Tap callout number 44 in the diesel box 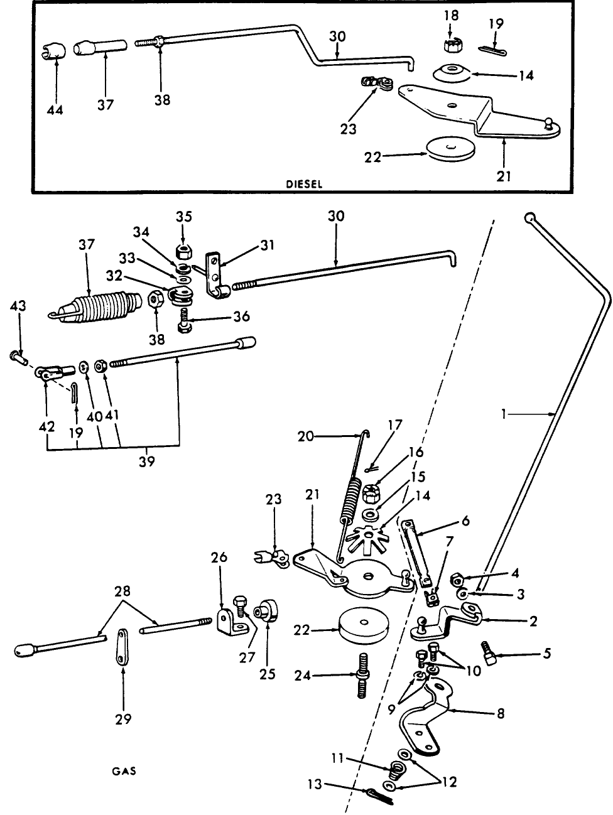pos(55,110)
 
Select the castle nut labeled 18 pos(450,46)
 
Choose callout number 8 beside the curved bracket pos(500,714)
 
